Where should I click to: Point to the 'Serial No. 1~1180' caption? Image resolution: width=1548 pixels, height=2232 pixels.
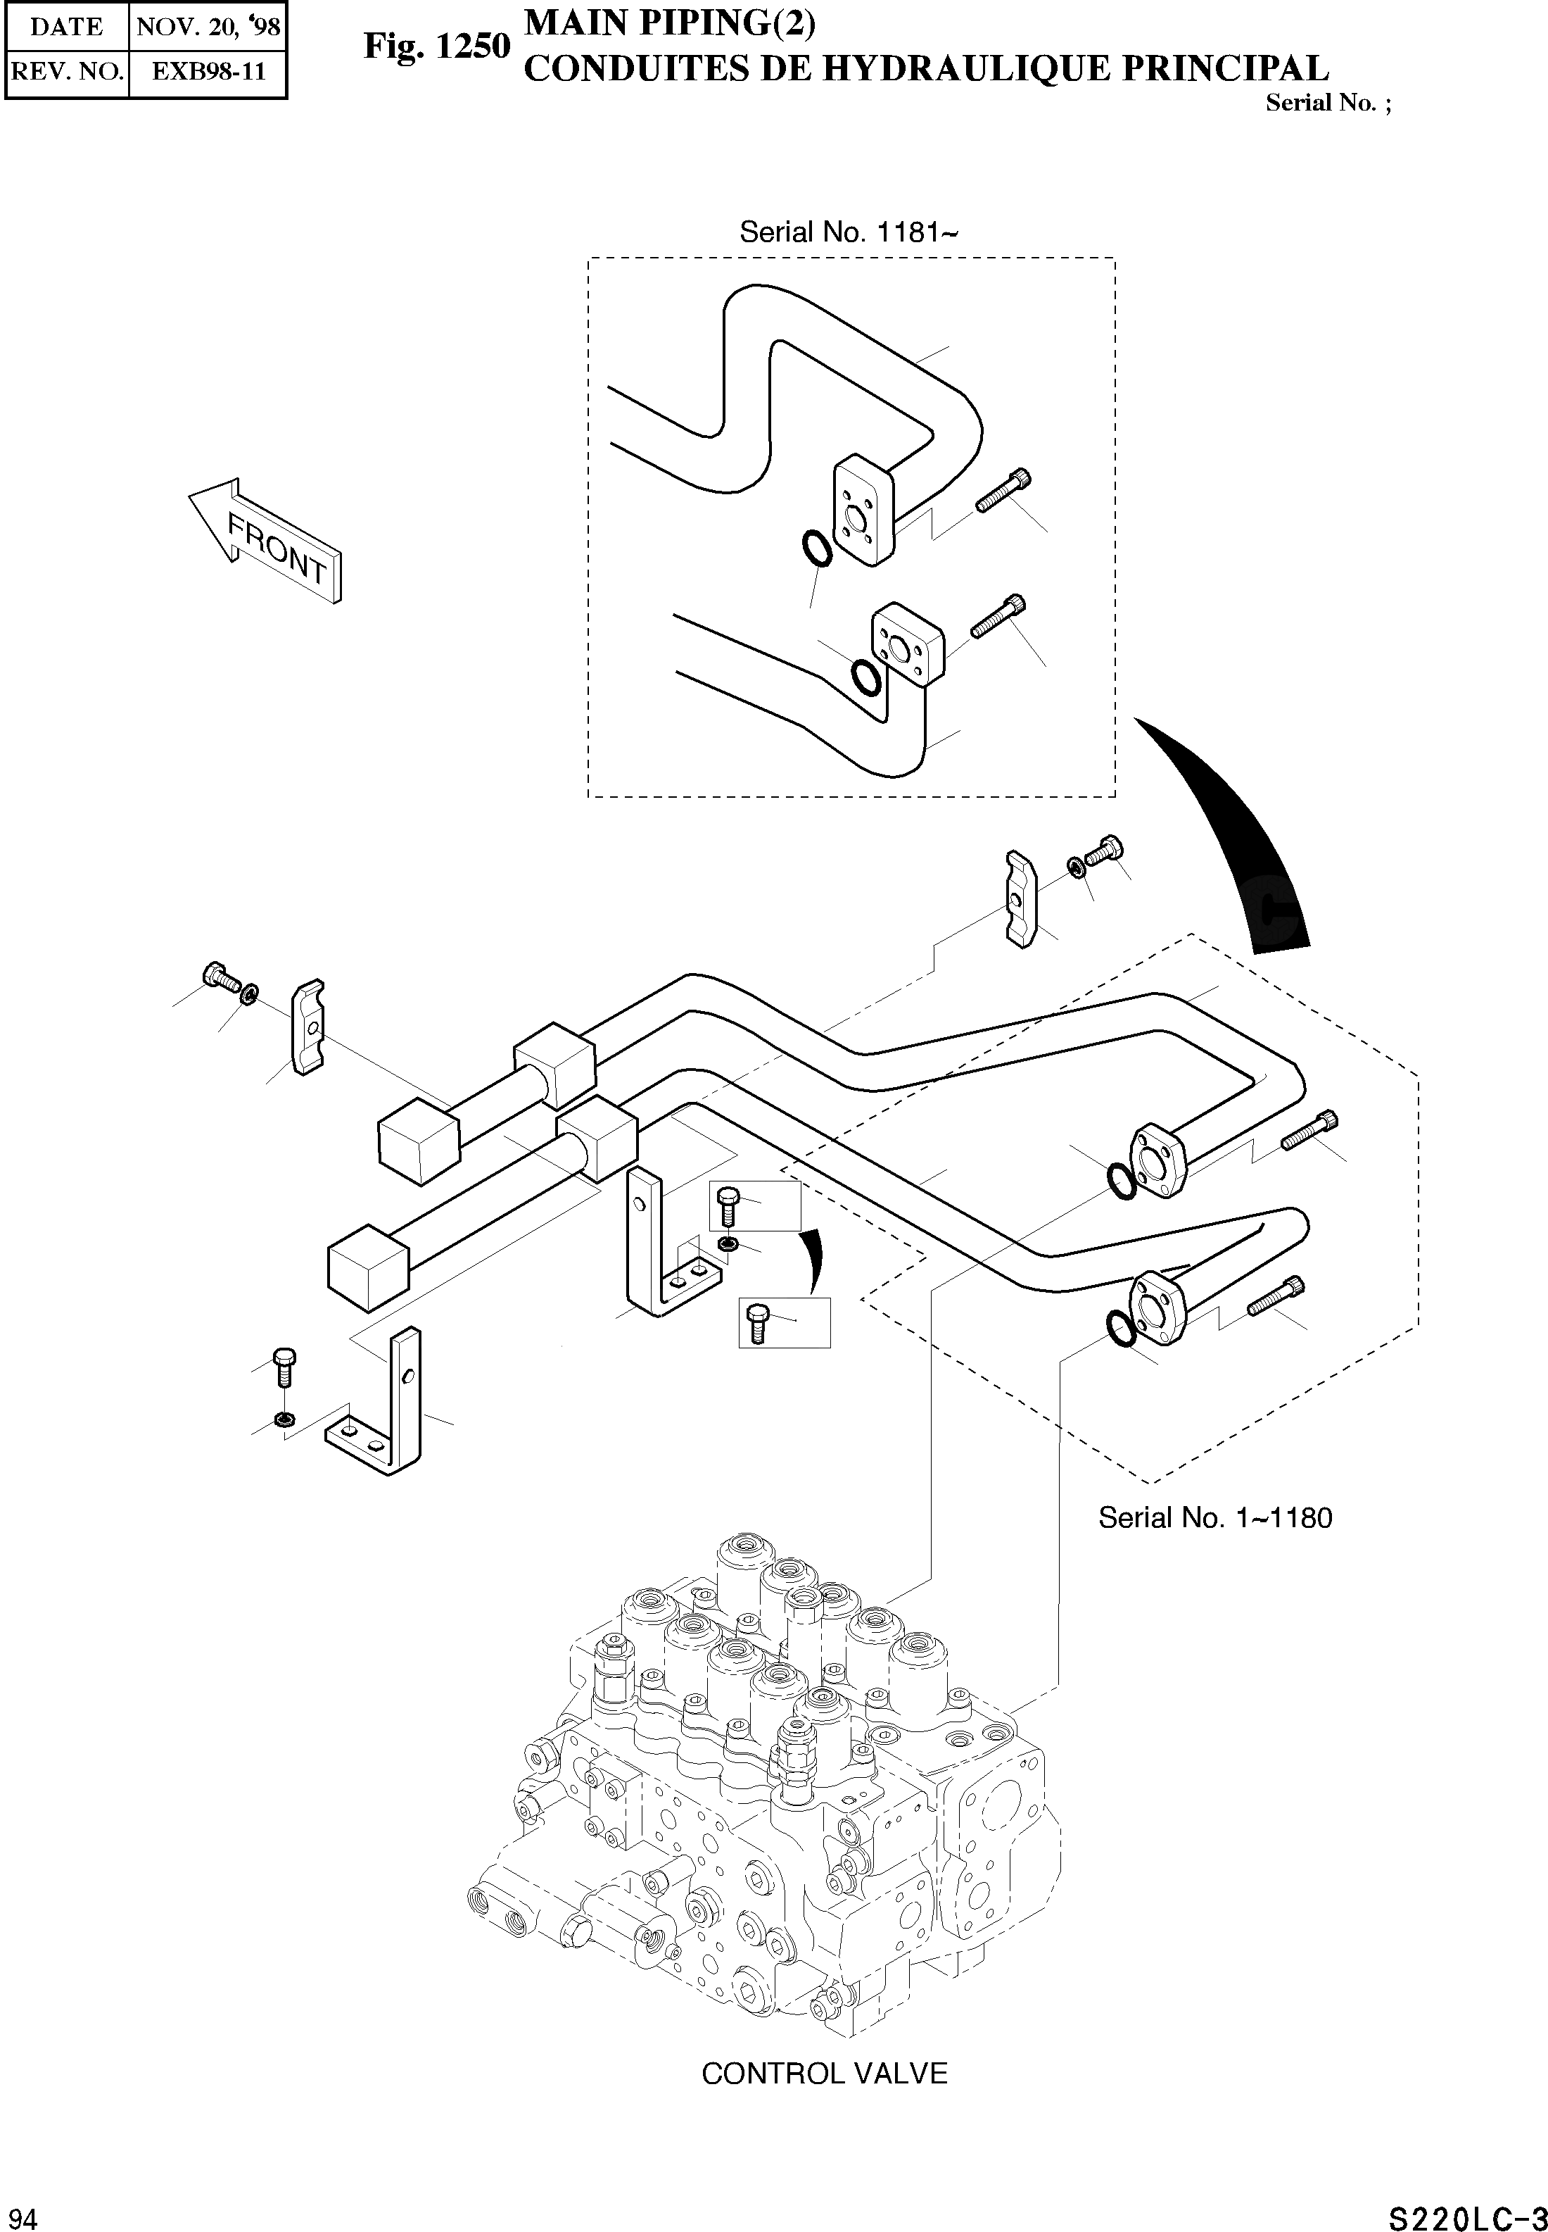[1214, 1518]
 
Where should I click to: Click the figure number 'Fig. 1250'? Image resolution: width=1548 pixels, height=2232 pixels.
[436, 46]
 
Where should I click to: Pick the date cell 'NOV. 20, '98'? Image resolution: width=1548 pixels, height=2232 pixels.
[208, 26]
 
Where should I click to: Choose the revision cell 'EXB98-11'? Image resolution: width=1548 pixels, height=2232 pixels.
[208, 71]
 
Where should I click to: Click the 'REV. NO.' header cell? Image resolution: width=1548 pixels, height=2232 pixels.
[66, 71]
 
